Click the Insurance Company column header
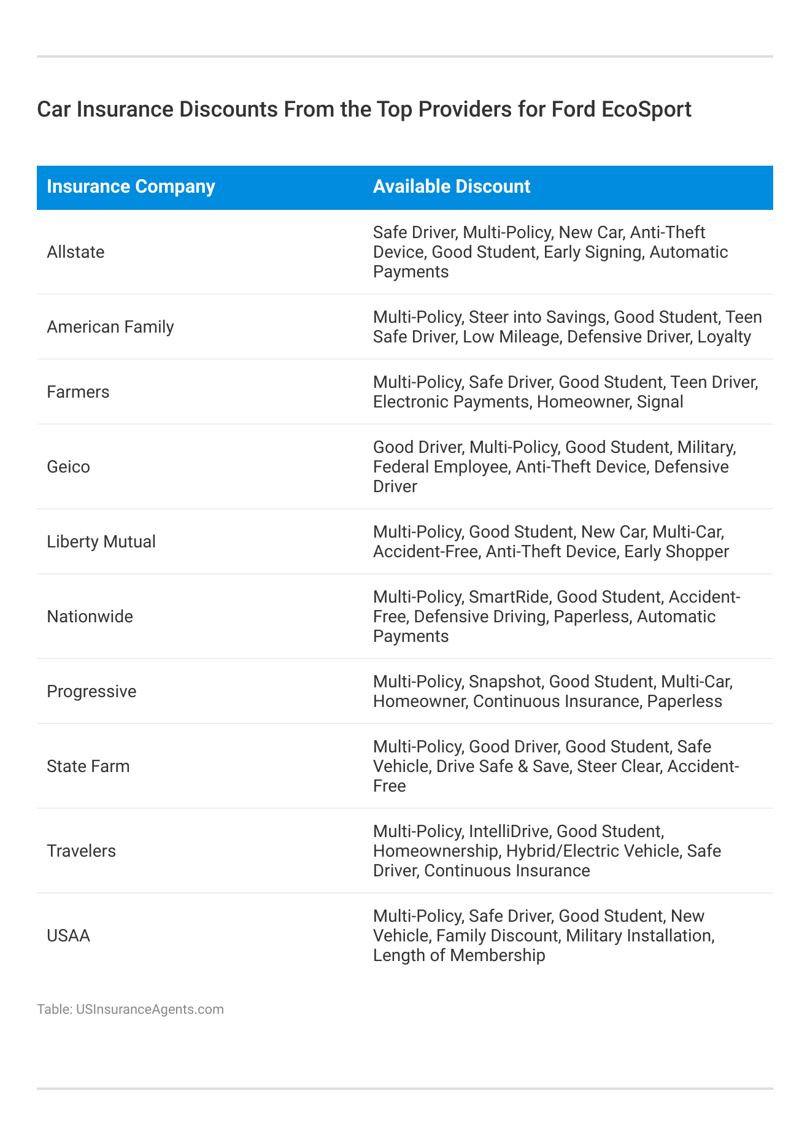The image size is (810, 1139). [131, 187]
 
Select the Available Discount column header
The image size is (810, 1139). [452, 187]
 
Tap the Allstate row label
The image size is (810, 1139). [75, 252]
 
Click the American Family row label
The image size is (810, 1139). [110, 326]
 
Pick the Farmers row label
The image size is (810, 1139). [78, 392]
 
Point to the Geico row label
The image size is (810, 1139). [68, 467]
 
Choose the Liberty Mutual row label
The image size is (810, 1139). [101, 541]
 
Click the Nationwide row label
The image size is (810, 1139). [90, 617]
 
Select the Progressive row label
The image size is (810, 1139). [91, 692]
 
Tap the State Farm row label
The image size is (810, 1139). [88, 766]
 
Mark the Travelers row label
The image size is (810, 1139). [81, 851]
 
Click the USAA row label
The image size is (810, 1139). [68, 936]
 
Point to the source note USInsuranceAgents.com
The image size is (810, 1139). [150, 1010]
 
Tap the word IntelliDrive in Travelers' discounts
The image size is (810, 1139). [509, 832]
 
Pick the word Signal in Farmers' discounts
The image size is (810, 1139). [660, 402]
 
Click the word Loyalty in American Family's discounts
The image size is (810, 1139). [724, 337]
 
